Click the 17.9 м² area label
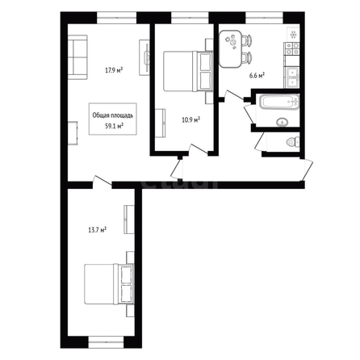(x=114, y=70)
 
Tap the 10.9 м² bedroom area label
(x=190, y=119)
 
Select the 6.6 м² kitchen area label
(x=257, y=76)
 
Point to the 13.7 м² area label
(x=97, y=230)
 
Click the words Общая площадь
(x=113, y=115)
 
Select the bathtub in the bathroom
(x=279, y=102)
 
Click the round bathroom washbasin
(x=282, y=122)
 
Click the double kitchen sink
(x=292, y=77)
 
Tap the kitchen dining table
(x=231, y=48)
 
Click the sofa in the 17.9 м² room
(x=77, y=57)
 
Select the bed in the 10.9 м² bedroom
(x=188, y=71)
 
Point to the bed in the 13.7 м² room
(x=109, y=284)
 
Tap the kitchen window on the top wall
(x=264, y=18)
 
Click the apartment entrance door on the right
(x=308, y=170)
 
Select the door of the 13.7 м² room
(x=102, y=182)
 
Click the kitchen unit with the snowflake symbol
(x=293, y=35)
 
